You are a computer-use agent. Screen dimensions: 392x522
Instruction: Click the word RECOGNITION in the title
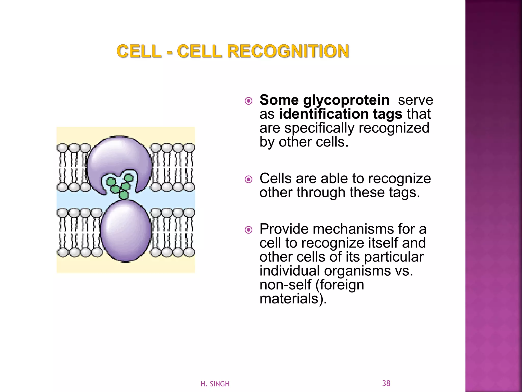tap(288, 51)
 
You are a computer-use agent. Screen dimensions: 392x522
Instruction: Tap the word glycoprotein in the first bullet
tap(346, 100)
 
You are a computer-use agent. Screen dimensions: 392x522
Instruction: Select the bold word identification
tap(324, 114)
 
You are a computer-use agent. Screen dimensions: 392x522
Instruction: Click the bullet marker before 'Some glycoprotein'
tap(248, 101)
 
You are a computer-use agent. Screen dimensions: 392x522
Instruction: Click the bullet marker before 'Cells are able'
tap(248, 179)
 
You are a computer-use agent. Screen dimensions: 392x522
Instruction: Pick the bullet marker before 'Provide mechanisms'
tap(248, 230)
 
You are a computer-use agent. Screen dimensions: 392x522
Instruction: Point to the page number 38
tap(386, 383)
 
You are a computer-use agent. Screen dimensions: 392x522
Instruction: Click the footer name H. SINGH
tap(215, 384)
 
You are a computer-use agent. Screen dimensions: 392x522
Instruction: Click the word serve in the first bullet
tap(415, 100)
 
